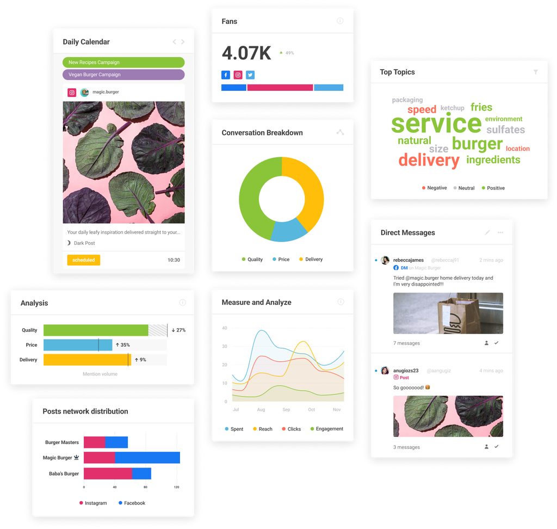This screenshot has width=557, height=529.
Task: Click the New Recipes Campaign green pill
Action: pyautogui.click(x=123, y=63)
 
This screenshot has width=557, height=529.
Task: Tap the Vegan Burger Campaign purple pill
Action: pyautogui.click(x=123, y=75)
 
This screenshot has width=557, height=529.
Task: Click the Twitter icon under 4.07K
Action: pyautogui.click(x=250, y=75)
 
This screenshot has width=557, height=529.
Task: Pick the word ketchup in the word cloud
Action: pyautogui.click(x=452, y=108)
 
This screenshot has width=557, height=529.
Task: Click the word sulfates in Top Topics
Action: pyautogui.click(x=505, y=130)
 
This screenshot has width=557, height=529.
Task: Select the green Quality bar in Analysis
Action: pyautogui.click(x=96, y=330)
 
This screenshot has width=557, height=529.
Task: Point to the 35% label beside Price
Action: pyautogui.click(x=122, y=345)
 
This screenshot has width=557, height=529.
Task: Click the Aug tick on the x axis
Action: pyautogui.click(x=261, y=409)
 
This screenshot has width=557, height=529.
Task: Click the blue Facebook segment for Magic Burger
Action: pyautogui.click(x=147, y=458)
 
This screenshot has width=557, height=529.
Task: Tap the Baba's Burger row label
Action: pyautogui.click(x=64, y=473)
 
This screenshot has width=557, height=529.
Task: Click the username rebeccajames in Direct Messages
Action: pyautogui.click(x=409, y=260)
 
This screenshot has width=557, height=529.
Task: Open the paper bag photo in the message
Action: pyautogui.click(x=448, y=313)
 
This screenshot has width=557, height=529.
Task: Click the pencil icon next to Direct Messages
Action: pyautogui.click(x=487, y=232)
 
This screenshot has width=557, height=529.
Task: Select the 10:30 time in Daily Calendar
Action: pyautogui.click(x=174, y=260)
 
